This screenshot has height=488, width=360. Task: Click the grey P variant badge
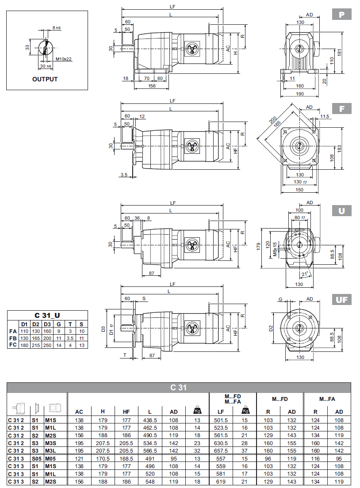pyautogui.click(x=341, y=15)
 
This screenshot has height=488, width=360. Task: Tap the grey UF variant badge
pyautogui.click(x=341, y=300)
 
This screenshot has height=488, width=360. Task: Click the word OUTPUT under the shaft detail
pyautogui.click(x=45, y=80)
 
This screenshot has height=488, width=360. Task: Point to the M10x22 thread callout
pyautogui.click(x=64, y=59)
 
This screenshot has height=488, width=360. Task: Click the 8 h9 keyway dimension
pyautogui.click(x=57, y=28)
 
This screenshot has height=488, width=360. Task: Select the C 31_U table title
pyautogui.click(x=47, y=315)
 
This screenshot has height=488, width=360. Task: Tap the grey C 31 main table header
pyautogui.click(x=179, y=388)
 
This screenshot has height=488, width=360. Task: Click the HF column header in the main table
pyautogui.click(x=126, y=412)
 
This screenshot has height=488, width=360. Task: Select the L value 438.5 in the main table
pyautogui.click(x=150, y=420)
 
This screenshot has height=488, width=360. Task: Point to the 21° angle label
pyautogui.click(x=304, y=274)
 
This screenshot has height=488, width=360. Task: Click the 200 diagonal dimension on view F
pyautogui.click(x=272, y=121)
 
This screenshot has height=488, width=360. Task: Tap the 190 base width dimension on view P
pyautogui.click(x=299, y=94)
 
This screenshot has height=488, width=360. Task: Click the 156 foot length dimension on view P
pyautogui.click(x=152, y=86)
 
